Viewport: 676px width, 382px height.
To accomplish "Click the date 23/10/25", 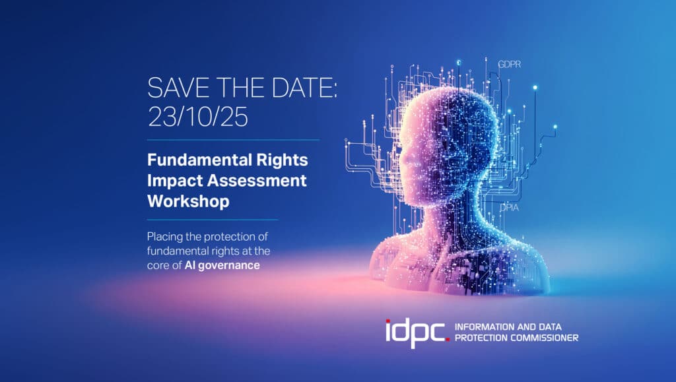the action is click(x=198, y=117).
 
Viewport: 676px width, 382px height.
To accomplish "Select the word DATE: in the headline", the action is click(x=304, y=88).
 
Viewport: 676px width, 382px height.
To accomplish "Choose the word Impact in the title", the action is click(x=175, y=181).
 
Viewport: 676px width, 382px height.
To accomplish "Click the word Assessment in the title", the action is click(x=257, y=180).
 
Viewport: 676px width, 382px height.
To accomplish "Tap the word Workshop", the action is click(x=188, y=201).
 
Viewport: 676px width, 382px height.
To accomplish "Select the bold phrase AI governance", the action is click(x=222, y=265).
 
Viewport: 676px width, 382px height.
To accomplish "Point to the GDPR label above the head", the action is click(x=510, y=64).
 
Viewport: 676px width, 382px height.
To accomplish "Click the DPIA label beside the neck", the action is click(x=509, y=208).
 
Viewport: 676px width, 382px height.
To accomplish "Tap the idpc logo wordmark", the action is click(x=415, y=334).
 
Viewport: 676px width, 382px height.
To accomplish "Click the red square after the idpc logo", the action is click(x=448, y=339).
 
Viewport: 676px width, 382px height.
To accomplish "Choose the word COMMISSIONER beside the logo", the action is click(x=544, y=338).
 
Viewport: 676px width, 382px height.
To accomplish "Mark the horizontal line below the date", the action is click(x=233, y=140).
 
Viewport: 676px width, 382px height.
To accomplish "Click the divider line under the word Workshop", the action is click(x=213, y=220).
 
